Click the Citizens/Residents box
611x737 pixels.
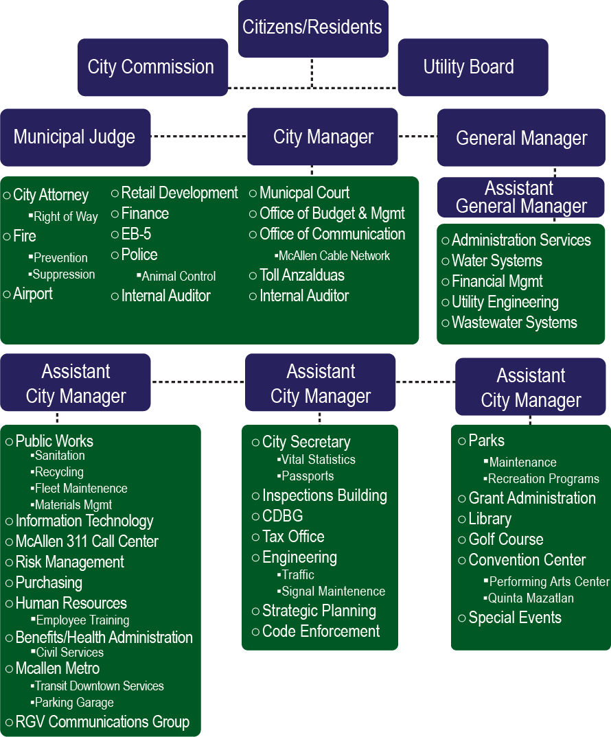point(313,28)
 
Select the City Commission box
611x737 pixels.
point(152,67)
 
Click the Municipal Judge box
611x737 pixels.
point(75,137)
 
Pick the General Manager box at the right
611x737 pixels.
point(522,138)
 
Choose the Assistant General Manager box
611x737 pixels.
point(522,198)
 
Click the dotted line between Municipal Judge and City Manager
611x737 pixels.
point(198,137)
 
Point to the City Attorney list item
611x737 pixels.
point(51,196)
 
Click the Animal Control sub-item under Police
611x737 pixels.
point(178,277)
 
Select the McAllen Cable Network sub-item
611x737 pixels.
point(334,256)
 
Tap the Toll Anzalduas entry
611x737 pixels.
point(302,276)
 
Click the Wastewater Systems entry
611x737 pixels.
point(514,323)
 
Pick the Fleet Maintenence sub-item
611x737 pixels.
point(81,489)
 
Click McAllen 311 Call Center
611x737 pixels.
point(87,542)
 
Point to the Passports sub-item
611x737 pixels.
point(308,476)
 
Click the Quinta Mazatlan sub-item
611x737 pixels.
point(531,598)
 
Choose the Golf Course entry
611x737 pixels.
point(505,540)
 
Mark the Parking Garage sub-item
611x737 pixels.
point(74,703)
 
